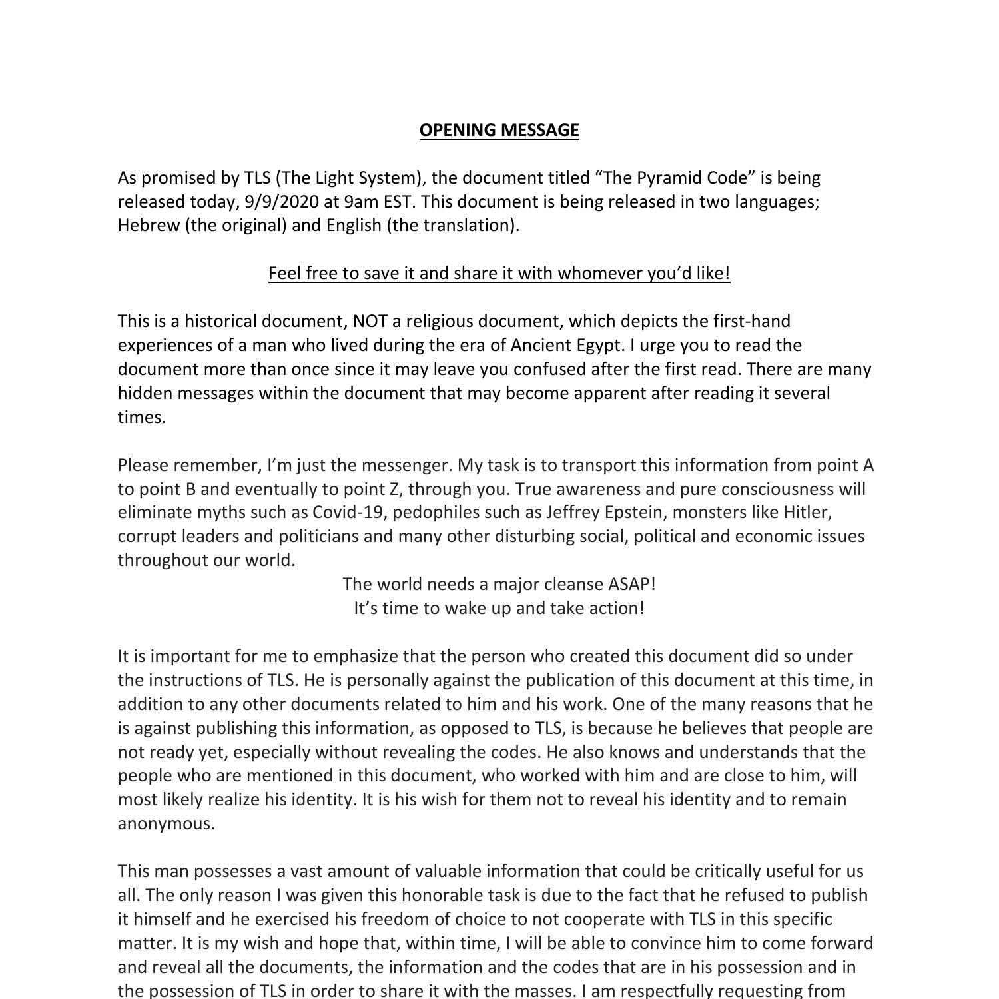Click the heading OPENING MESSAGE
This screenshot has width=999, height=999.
[x=499, y=130]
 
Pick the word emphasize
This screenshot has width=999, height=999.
[x=356, y=656]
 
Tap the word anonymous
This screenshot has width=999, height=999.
[x=166, y=824]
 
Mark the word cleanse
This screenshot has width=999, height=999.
[x=573, y=584]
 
